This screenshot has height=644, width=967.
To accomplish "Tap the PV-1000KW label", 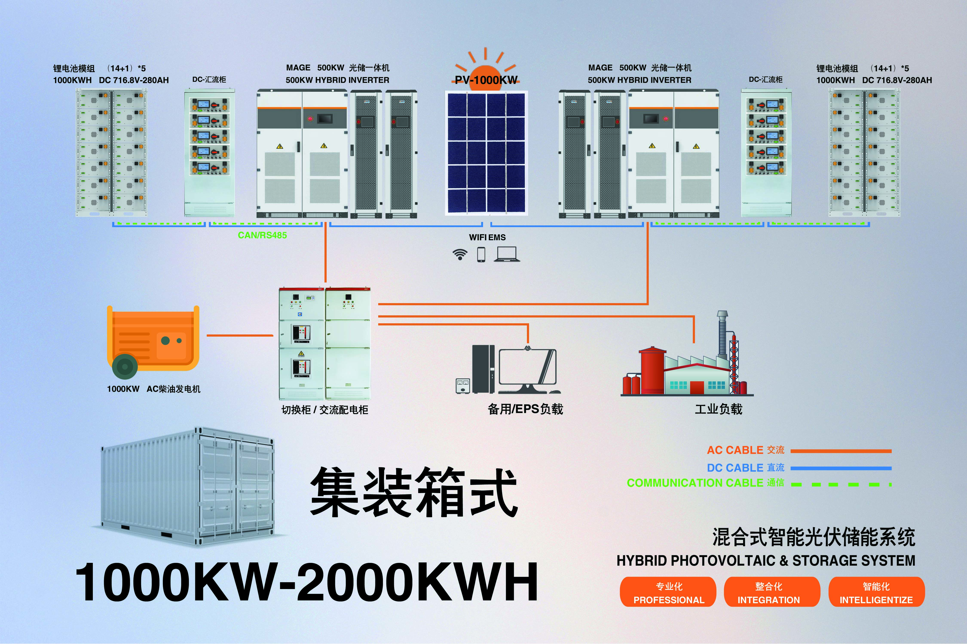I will (486, 80).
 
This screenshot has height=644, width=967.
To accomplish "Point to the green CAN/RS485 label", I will (262, 235).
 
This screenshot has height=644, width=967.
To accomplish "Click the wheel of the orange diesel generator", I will (125, 366).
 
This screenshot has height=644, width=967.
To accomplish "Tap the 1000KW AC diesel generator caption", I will (153, 389).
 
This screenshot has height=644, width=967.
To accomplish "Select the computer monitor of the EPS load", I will (528, 368).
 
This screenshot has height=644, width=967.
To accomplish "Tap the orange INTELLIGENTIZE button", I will (876, 592).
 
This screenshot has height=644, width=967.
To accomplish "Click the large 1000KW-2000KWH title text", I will (306, 582).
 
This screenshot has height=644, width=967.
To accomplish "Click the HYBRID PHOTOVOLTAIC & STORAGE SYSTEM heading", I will (765, 561).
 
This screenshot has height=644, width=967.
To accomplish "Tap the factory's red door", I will (697, 387).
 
